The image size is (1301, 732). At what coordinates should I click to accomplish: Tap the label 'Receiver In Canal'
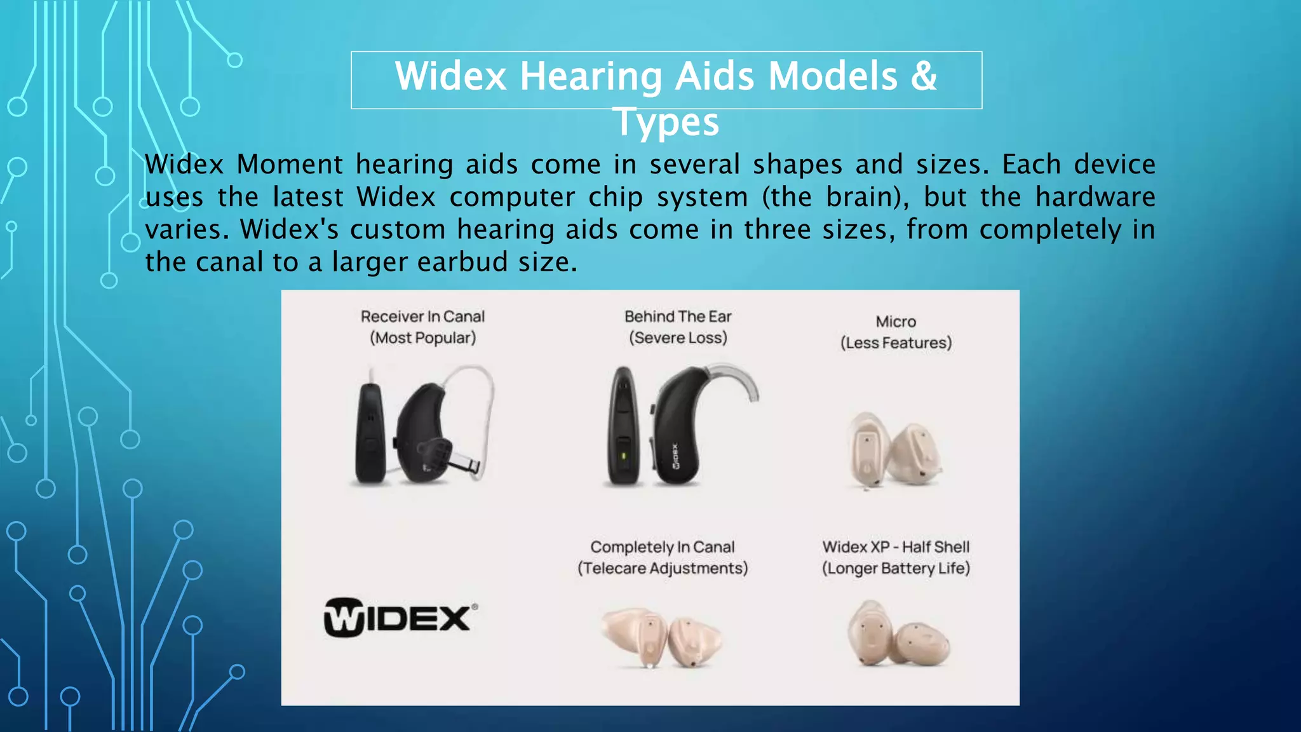(x=422, y=316)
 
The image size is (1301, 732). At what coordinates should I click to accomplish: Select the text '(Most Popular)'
(x=422, y=338)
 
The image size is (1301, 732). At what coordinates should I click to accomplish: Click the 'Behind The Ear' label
(x=678, y=316)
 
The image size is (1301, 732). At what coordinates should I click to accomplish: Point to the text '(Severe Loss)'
(x=678, y=338)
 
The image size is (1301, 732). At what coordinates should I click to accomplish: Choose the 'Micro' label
(x=896, y=322)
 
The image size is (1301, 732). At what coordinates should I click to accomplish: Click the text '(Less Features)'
(x=896, y=343)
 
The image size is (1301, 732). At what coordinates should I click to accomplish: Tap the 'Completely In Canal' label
(x=662, y=547)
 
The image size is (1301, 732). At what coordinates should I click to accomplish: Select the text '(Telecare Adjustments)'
(x=662, y=568)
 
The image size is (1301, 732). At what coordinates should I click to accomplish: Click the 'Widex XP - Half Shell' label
(x=896, y=547)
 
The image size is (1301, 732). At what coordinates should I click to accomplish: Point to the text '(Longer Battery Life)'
(x=896, y=568)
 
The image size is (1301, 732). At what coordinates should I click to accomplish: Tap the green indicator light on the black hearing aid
(x=623, y=456)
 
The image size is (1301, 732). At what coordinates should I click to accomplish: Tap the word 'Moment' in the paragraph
(x=290, y=165)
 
